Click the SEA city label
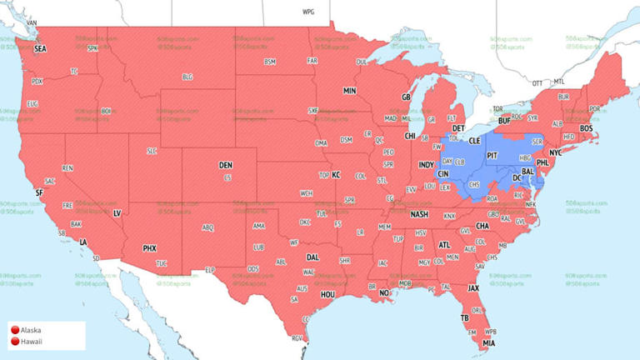40,49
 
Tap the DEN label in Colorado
225,165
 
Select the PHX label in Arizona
149,248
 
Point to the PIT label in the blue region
492,155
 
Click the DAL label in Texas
312,257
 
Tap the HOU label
327,294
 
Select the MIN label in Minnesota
349,90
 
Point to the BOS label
587,128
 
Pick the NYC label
556,153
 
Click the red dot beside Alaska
14,331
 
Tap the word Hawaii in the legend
32,342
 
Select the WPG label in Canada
308,12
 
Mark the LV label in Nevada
117,213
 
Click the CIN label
444,173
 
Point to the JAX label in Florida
472,288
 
